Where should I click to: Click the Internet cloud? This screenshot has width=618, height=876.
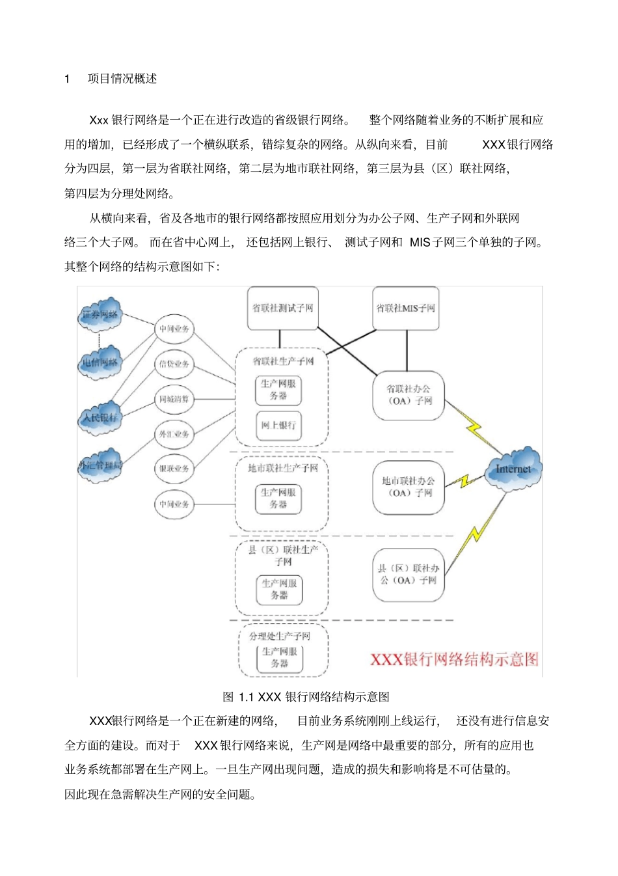[x=513, y=469]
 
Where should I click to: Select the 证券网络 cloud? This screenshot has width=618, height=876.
[x=100, y=314]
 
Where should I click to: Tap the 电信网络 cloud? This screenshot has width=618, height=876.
[x=100, y=363]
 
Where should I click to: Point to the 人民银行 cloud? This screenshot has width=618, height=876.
[x=100, y=417]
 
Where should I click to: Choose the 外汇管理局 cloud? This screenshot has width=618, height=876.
[x=100, y=465]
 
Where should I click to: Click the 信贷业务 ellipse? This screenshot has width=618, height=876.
[x=174, y=364]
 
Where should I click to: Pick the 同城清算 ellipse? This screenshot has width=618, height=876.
[x=174, y=399]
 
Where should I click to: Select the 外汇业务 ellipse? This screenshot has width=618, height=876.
[x=174, y=434]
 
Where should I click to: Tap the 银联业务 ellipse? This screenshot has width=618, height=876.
[x=174, y=469]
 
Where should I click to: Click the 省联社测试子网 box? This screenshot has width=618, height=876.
[x=282, y=308]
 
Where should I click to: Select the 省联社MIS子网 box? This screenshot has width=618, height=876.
[x=406, y=308]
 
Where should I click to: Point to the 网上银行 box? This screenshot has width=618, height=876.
[x=278, y=426]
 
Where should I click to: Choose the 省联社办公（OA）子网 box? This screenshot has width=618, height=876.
[x=409, y=395]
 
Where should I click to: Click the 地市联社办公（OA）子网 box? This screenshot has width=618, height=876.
[x=409, y=487]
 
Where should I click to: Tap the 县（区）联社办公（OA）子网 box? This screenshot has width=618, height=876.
[x=409, y=575]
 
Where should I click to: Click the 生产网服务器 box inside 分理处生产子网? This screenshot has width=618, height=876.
[x=280, y=657]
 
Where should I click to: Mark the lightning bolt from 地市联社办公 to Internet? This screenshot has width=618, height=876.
[x=464, y=482]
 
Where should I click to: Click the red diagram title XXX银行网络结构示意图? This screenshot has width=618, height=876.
[x=454, y=659]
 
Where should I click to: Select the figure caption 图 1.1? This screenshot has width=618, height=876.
[x=306, y=697]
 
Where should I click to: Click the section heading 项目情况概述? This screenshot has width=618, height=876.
[x=122, y=79]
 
